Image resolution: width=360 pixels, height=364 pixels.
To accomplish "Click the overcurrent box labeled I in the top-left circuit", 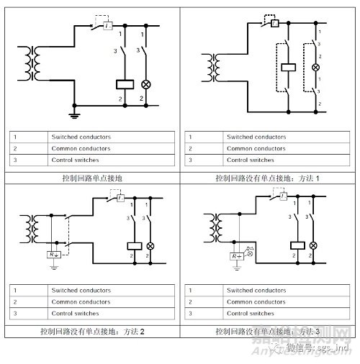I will (107, 25).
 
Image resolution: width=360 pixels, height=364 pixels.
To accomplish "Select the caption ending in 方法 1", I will (266, 177).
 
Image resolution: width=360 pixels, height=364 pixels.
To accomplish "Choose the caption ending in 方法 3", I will (267, 332).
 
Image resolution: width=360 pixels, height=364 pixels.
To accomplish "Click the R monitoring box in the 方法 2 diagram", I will (53, 255).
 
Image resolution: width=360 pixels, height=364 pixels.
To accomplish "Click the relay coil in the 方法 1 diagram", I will (289, 68).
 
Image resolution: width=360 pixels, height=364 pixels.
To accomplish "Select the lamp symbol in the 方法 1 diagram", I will (315, 68).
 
